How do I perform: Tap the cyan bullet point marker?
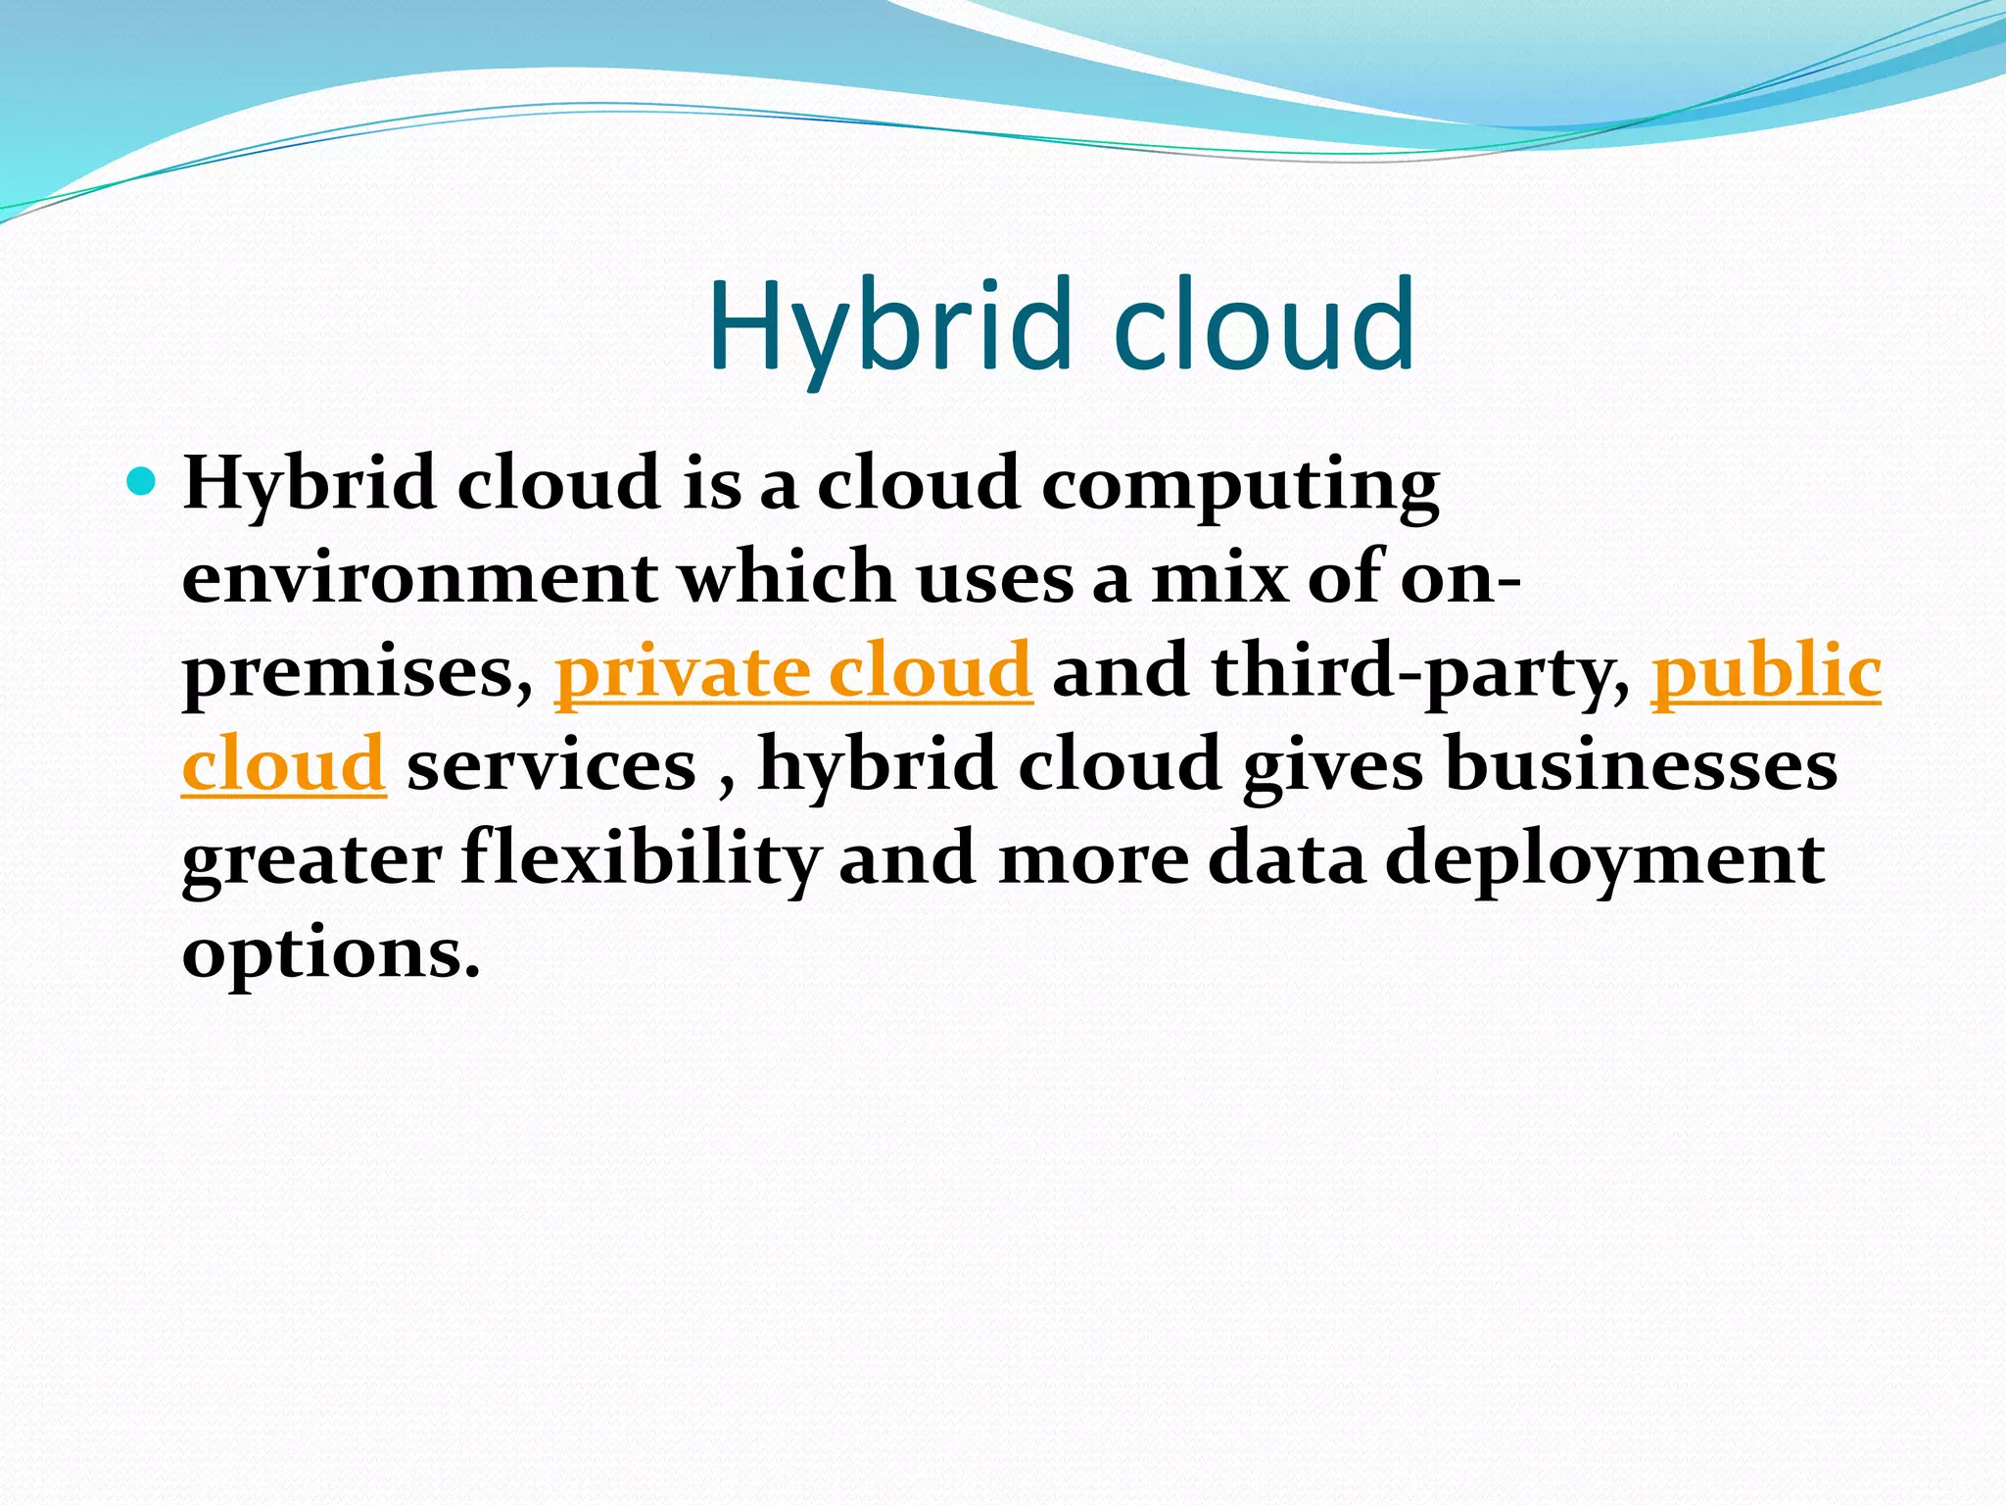(x=142, y=481)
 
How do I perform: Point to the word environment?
(x=419, y=578)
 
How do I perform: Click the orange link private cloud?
(x=793, y=672)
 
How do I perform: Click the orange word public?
(x=1766, y=672)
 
